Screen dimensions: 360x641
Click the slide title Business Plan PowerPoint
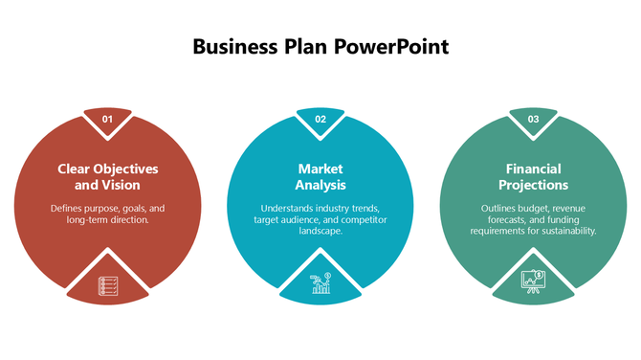320,46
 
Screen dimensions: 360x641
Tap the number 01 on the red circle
107,119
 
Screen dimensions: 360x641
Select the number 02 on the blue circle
320,119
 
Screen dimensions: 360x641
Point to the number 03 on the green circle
533,119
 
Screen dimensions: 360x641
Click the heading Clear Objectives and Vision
107,176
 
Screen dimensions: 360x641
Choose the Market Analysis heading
320,176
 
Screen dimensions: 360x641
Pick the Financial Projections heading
533,176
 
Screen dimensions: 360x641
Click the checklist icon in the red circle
107,285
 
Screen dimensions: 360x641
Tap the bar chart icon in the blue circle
320,282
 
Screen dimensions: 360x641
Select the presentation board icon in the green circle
533,281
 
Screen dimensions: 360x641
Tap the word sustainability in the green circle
564,231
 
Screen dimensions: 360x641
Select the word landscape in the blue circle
321,231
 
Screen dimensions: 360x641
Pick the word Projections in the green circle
533,185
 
